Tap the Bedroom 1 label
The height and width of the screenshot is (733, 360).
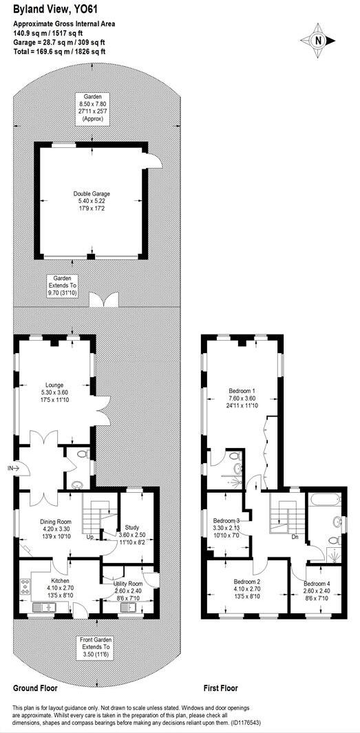242,397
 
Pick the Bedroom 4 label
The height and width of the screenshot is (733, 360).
317,589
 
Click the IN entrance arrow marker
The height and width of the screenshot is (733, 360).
12,468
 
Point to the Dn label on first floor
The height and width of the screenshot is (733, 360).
295,537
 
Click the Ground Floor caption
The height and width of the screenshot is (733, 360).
35,688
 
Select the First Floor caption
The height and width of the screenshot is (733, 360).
221,688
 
